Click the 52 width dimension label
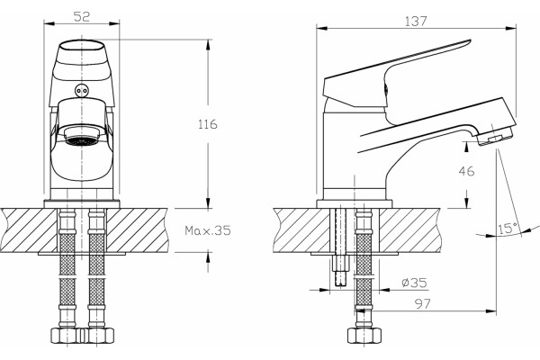(82, 16)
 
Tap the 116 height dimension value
(208, 124)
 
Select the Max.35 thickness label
(208, 230)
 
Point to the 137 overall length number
(416, 22)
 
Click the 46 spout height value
(466, 171)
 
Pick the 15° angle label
(508, 229)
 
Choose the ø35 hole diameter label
(414, 283)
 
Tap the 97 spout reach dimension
(423, 304)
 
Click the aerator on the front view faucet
(82, 137)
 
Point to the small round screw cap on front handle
(82, 91)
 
